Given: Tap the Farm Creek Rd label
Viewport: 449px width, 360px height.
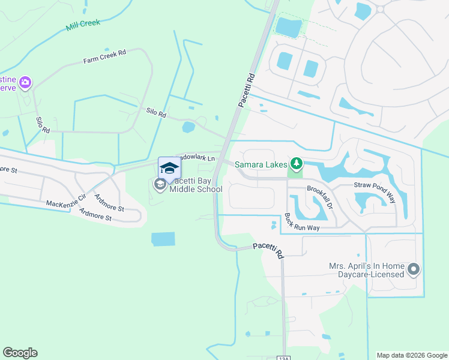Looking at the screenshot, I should coord(104,57).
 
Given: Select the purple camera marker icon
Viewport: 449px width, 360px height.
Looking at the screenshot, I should coord(25,82).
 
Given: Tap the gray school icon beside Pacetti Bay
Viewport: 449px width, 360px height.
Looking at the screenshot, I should coord(160,184).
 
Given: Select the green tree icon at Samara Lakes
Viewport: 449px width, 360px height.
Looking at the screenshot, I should coord(296,163).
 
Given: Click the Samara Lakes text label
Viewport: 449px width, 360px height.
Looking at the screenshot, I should coord(261,164).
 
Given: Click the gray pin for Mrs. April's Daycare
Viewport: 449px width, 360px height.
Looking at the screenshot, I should coord(413,270).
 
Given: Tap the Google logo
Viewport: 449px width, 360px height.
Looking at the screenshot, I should coord(20,353).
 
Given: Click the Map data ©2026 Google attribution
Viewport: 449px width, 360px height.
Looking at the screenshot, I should coord(411,355).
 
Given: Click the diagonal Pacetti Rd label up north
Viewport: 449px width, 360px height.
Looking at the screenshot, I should coord(247,91).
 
